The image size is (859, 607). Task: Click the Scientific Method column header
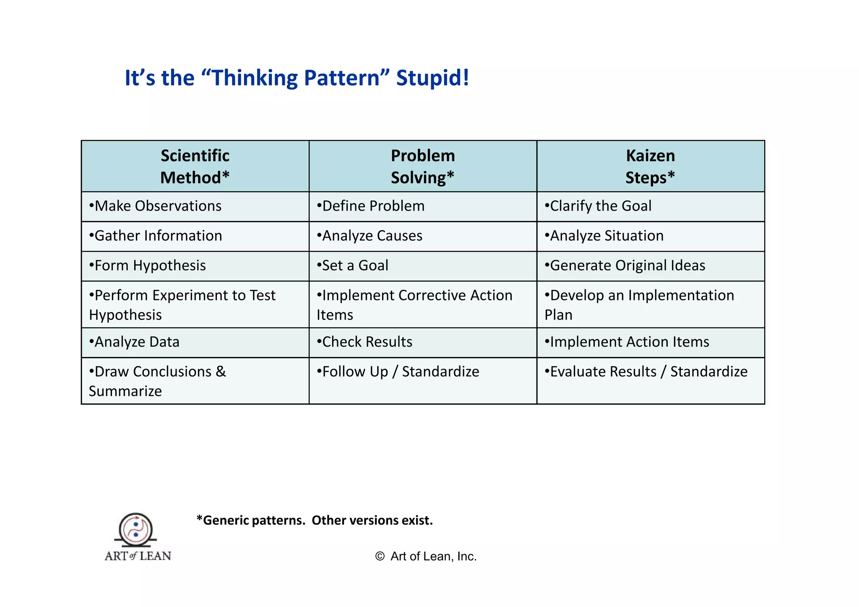coord(195,167)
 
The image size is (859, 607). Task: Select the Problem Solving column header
coord(423,167)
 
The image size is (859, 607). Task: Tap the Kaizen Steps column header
coord(651,167)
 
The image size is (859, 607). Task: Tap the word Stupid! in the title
coord(432,78)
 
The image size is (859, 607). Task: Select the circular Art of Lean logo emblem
coord(135,529)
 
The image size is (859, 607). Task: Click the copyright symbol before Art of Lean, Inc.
coord(380,557)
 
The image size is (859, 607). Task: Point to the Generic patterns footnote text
coord(315,521)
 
